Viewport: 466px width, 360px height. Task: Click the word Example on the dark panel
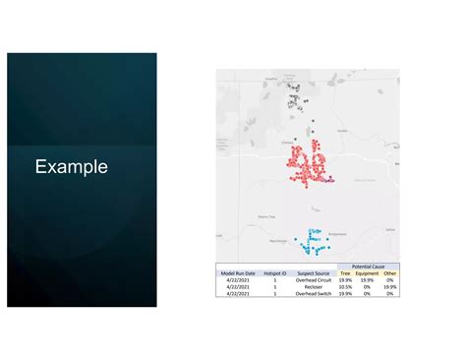[71, 167]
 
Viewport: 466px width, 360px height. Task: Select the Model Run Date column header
[238, 272]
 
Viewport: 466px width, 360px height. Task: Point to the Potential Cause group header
[369, 267]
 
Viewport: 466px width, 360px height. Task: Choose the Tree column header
[345, 272]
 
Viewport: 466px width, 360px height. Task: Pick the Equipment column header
[367, 272]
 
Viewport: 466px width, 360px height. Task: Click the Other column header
[390, 272]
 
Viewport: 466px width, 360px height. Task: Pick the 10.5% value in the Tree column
[345, 286]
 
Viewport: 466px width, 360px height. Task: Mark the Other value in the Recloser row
[390, 286]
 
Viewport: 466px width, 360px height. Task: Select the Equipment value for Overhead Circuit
[367, 279]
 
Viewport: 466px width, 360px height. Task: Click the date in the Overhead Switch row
[238, 293]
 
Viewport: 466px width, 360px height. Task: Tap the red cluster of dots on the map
[307, 162]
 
